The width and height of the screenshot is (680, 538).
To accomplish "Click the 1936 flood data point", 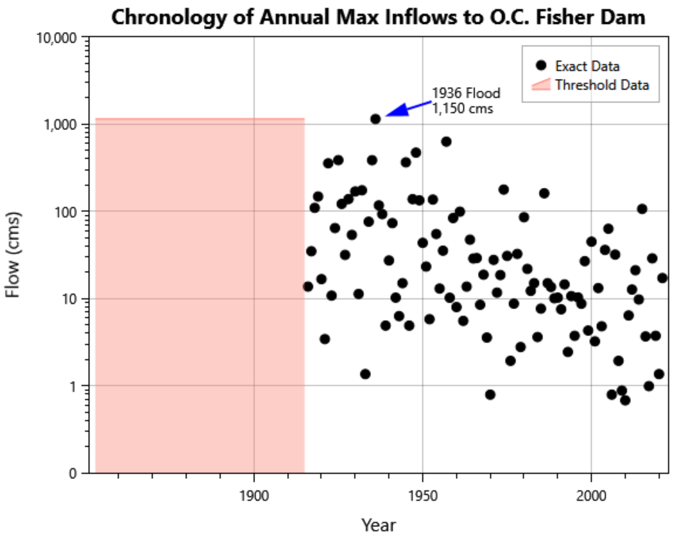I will tap(376, 119).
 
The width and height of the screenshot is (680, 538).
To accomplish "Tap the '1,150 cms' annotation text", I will tap(462, 109).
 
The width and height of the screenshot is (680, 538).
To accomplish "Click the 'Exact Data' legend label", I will tap(587, 66).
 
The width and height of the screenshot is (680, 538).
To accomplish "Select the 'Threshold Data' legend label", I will tap(602, 85).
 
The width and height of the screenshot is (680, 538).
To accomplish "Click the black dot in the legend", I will tap(541, 66).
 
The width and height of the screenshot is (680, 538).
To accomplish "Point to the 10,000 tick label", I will tap(56, 38).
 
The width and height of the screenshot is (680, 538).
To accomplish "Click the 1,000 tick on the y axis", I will tap(60, 125).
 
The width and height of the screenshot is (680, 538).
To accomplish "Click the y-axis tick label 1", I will tap(73, 386).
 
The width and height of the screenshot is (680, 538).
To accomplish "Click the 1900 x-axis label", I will tap(254, 497).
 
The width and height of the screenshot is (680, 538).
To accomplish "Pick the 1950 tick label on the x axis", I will tap(423, 497).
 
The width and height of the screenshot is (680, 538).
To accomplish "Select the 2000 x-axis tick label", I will tap(591, 497).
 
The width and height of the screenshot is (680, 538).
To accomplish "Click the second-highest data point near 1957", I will tap(446, 142).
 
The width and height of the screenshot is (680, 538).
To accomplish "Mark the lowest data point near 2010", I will tap(625, 400).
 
